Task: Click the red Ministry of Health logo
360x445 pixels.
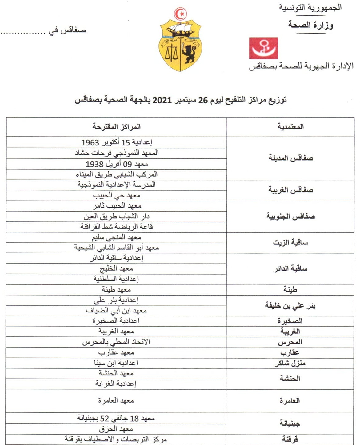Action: pos(263,48)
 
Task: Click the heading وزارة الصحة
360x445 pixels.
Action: pos(310,25)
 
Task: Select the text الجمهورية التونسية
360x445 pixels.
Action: pos(310,7)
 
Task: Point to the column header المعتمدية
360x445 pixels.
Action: pos(290,127)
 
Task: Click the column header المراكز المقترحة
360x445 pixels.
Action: pos(117,127)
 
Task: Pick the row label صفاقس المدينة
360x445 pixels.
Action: pos(290,158)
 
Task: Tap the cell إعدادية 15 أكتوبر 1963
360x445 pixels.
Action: pos(117,142)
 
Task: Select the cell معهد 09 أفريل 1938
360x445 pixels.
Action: pos(117,164)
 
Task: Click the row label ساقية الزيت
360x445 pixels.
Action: pos(290,243)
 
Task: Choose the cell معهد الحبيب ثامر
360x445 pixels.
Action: pos(117,206)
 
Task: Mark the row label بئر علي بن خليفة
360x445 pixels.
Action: pos(290,305)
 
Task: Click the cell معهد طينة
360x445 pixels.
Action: pos(116,290)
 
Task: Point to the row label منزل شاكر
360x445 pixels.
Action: pos(290,363)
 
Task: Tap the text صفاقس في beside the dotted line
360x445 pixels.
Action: pos(67,31)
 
